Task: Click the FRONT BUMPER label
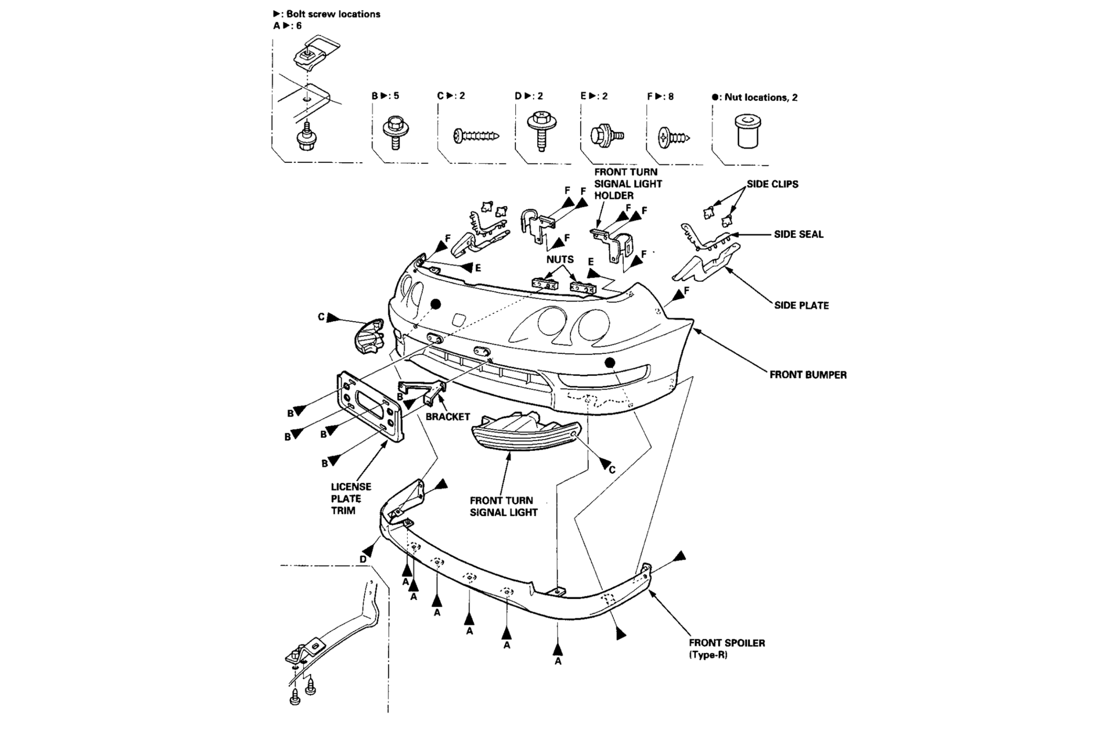coord(808,374)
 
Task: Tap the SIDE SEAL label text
coord(798,234)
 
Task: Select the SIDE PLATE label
coord(801,305)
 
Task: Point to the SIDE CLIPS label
coord(772,184)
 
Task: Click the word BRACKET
coord(448,417)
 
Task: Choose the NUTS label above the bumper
coord(560,259)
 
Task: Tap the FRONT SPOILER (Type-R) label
coord(727,648)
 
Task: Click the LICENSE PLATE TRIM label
coord(351,498)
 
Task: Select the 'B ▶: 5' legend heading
coord(385,96)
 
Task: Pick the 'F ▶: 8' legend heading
coord(660,96)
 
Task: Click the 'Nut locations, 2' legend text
coord(760,97)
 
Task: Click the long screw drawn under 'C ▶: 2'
coord(476,136)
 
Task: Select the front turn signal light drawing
coord(526,433)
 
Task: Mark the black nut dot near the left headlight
coord(435,304)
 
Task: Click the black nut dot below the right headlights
coord(609,362)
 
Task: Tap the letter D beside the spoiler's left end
coord(363,559)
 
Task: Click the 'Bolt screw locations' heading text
coord(333,14)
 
